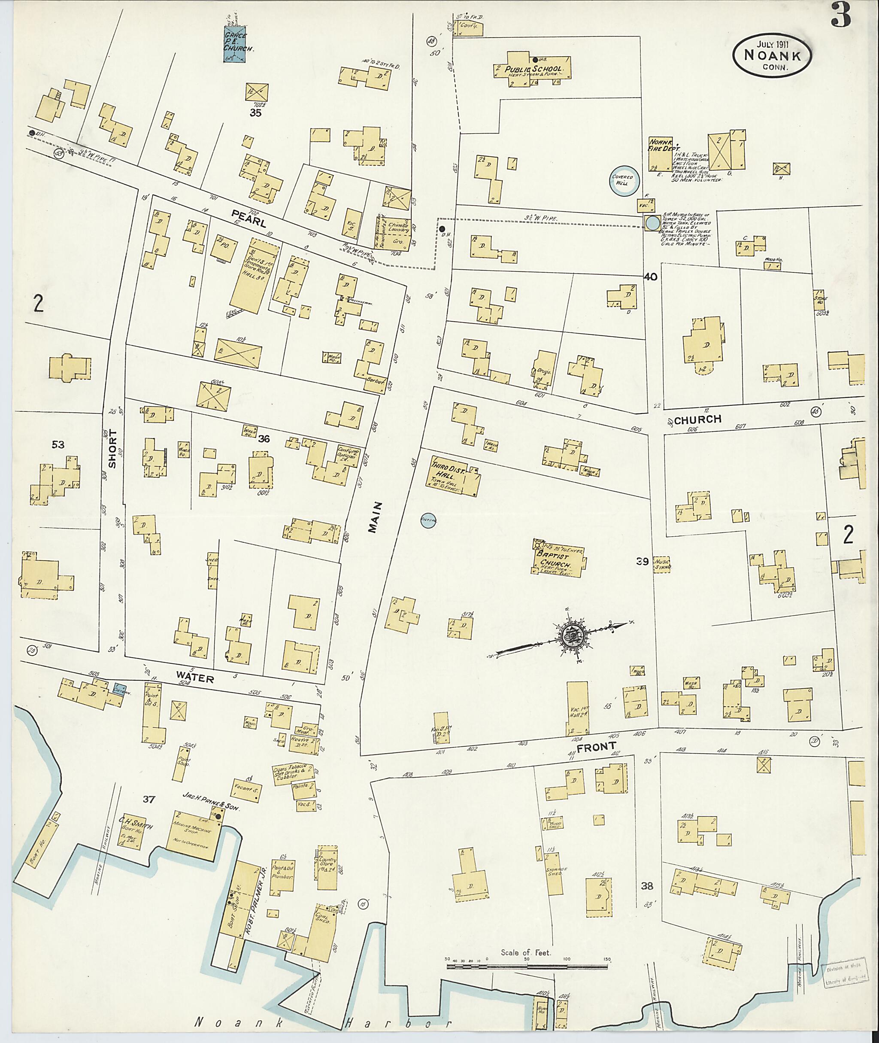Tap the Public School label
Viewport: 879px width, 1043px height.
(533, 70)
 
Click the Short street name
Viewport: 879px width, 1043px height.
(112, 449)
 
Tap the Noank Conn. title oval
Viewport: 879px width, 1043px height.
(772, 56)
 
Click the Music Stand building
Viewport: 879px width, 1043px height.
(662, 564)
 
